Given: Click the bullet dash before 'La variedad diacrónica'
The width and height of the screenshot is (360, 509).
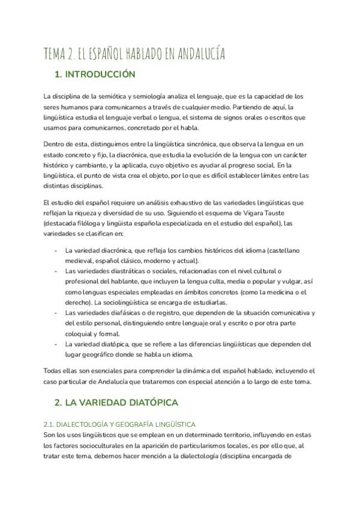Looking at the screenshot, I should (x=56, y=250).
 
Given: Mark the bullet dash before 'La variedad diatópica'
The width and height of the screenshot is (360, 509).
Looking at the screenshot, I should (x=56, y=344).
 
